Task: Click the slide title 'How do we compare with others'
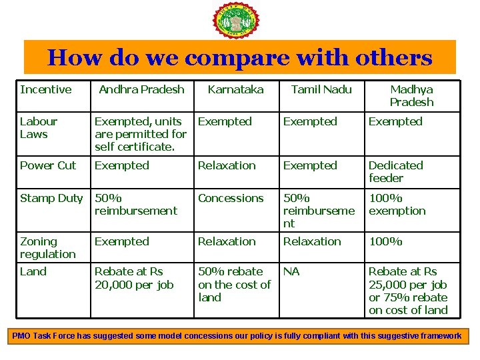coord(240,58)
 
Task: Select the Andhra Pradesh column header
coord(141,89)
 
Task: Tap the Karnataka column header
coord(235,89)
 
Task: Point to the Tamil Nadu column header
coord(321,89)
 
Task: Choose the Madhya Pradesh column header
coord(411,95)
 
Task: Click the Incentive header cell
coord(45,89)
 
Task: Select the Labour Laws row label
coord(39,127)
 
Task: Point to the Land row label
coord(33,271)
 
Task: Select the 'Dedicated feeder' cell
coord(396,171)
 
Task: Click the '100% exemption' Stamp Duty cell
coord(397,204)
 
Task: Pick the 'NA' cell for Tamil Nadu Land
coord(291,271)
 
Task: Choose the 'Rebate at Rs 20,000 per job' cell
coord(134,278)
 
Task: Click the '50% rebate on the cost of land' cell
coord(234,284)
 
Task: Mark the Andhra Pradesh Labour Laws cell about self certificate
coord(141,133)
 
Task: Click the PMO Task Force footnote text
coord(237,335)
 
